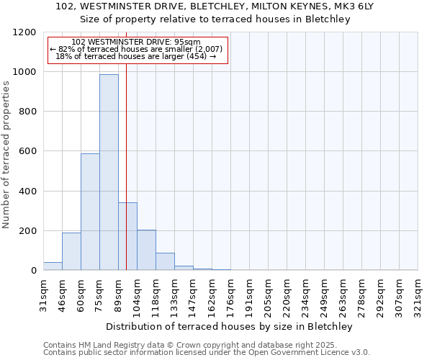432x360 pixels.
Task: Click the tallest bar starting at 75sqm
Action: click(109, 173)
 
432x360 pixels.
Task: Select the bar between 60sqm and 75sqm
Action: click(90, 212)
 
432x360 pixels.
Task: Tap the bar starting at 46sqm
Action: click(71, 251)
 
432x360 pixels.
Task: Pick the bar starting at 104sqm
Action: click(146, 250)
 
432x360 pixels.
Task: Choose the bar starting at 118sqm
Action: click(165, 261)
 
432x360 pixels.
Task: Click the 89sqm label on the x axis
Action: click(119, 294)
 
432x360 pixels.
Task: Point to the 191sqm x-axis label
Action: click(250, 294)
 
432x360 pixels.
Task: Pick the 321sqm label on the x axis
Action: click(418, 294)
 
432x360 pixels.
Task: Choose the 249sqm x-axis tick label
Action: click(325, 294)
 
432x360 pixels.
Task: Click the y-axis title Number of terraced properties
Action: click(6, 155)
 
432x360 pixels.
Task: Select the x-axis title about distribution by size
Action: click(230, 326)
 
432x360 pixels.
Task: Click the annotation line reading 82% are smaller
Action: click(136, 49)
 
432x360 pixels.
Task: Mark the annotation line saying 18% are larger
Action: click(136, 56)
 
